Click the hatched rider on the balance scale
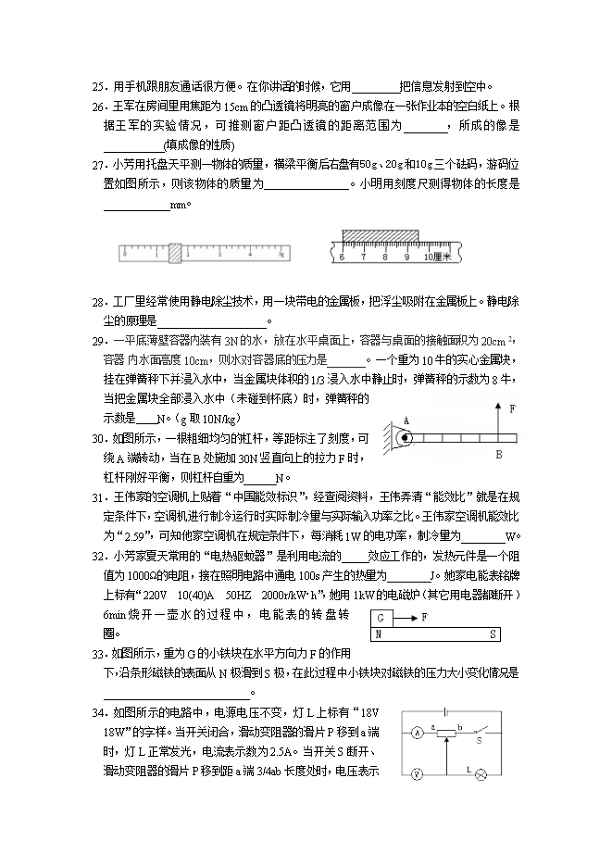(174, 249)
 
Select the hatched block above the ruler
(380, 234)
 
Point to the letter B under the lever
(498, 456)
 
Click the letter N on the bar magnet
(378, 634)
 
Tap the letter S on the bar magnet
(493, 634)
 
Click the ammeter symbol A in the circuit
(418, 733)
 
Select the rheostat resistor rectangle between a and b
(448, 733)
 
